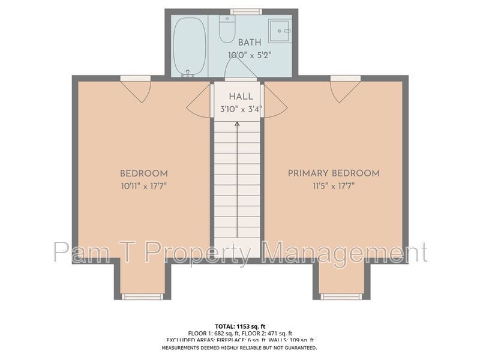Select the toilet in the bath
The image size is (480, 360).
[x=227, y=30]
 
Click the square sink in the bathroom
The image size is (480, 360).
[x=279, y=31]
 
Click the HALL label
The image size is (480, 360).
[x=241, y=97]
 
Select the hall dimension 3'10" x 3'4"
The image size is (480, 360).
[x=241, y=109]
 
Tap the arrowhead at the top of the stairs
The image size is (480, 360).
[x=237, y=124]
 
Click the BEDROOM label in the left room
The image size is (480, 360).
[x=143, y=173]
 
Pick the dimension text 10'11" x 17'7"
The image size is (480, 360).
[x=143, y=186]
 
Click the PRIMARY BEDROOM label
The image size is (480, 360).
[x=334, y=173]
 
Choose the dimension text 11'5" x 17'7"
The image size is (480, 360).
[x=334, y=186]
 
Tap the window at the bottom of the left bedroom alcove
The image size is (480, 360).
[x=142, y=296]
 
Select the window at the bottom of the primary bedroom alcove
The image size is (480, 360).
[x=341, y=296]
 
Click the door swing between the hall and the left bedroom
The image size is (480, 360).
[x=199, y=104]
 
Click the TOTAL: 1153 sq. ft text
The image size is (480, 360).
[x=240, y=325]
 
